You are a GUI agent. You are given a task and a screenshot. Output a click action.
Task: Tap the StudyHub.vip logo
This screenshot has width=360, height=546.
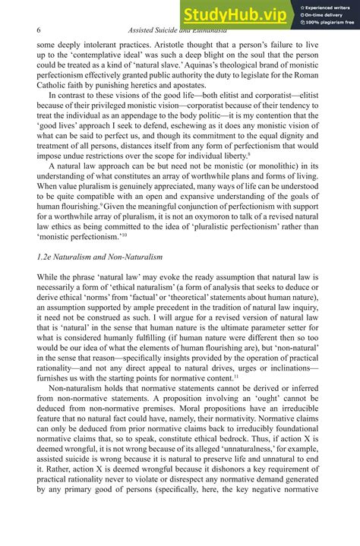[233, 15]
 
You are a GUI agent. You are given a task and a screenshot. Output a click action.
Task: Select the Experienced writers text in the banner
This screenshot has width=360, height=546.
[328, 6]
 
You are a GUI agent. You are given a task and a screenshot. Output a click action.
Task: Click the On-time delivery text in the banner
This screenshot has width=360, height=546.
[327, 14]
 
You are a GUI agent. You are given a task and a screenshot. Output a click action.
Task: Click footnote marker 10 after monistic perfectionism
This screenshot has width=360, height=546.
[127, 239]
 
